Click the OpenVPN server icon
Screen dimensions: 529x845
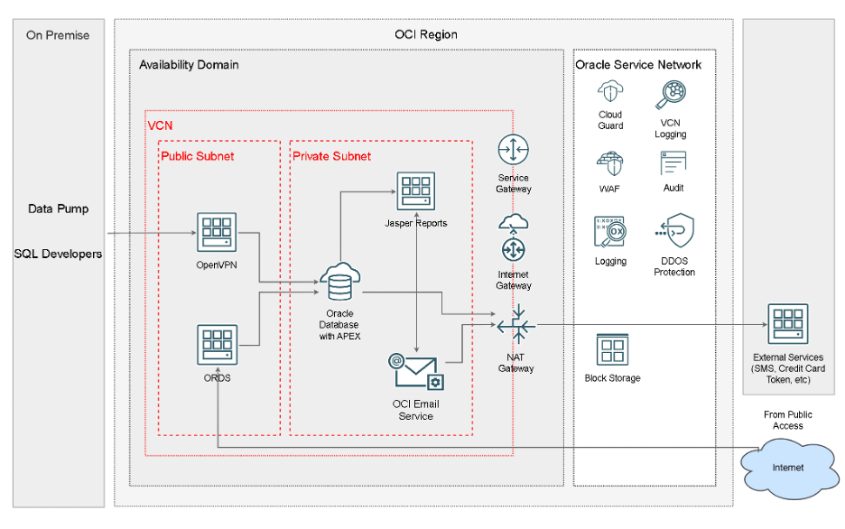pyautogui.click(x=217, y=234)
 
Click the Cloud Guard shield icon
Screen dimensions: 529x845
pyautogui.click(x=610, y=93)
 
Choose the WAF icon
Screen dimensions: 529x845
pyautogui.click(x=610, y=165)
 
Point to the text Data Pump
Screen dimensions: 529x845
pyautogui.click(x=58, y=209)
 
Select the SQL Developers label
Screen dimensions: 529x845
pyautogui.click(x=58, y=254)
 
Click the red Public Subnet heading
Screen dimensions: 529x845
pyautogui.click(x=197, y=156)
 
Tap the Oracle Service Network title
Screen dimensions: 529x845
pyautogui.click(x=638, y=65)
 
